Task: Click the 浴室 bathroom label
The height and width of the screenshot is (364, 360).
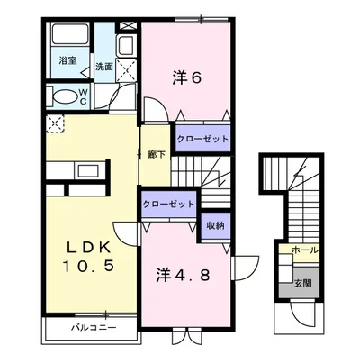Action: point(67,60)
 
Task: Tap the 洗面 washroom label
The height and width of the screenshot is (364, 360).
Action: point(104,67)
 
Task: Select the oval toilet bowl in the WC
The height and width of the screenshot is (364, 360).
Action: point(65,96)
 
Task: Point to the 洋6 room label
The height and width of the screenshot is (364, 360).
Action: point(187,78)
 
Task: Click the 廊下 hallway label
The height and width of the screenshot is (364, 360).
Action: point(157,154)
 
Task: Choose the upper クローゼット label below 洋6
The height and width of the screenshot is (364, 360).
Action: point(202,139)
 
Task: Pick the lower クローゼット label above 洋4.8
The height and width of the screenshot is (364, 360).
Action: point(168,205)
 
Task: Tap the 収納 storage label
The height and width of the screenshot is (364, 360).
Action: point(215,225)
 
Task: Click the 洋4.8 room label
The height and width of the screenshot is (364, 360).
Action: point(183,276)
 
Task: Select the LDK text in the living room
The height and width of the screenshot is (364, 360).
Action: point(88,248)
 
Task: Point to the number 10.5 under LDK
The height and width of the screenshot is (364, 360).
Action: point(88,266)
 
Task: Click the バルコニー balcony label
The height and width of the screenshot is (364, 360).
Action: point(94,327)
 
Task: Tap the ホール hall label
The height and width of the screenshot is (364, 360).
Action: point(305,250)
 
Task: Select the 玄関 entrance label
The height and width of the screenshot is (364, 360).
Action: point(302,283)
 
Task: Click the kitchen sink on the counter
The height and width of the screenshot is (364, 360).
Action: point(88,170)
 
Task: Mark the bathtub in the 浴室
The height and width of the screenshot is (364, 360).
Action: point(70,34)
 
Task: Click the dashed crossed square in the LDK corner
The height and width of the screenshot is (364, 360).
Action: point(56,123)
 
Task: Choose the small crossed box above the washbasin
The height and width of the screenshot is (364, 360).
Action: point(128,26)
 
